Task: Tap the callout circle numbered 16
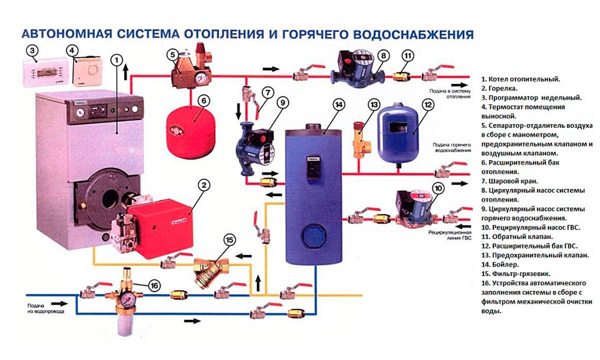[x=154, y=285]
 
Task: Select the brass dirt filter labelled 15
[x=209, y=270]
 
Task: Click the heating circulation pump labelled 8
[x=357, y=68]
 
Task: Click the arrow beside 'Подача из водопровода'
[x=58, y=303]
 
